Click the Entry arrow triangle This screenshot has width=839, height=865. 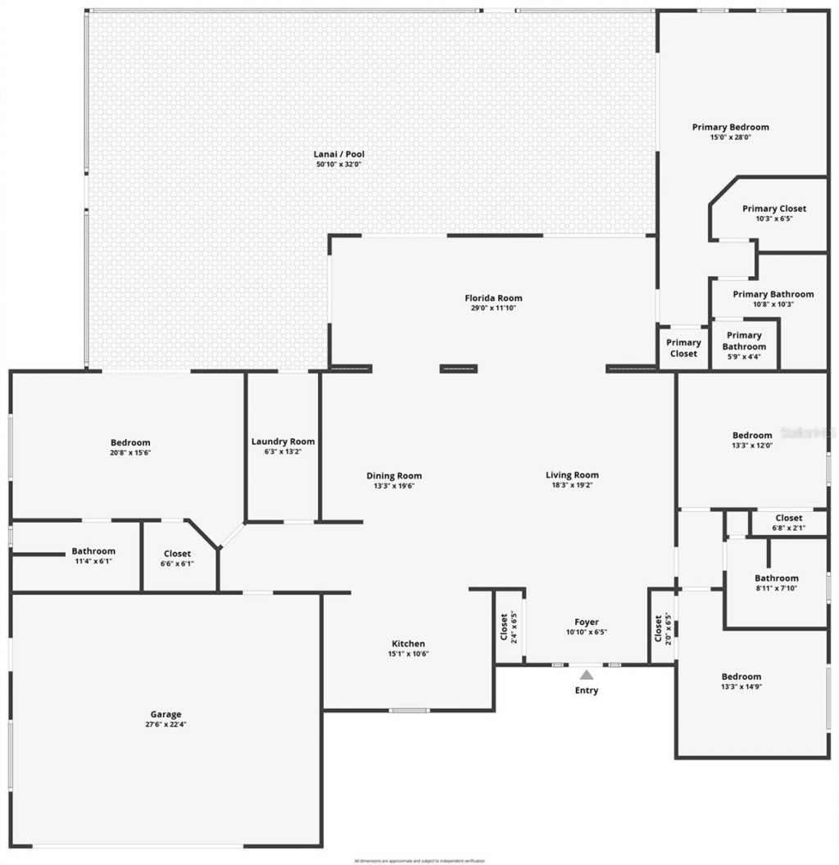[586, 675]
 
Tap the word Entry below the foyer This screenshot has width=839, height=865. [586, 691]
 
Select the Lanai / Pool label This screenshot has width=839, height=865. [338, 154]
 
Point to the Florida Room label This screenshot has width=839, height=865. [493, 298]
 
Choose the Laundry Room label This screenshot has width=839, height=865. [283, 442]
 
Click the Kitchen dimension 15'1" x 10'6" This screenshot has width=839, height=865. [408, 654]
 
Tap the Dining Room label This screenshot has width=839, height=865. [394, 476]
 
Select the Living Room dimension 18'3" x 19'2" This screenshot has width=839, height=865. [573, 485]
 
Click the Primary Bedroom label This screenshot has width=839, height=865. [730, 127]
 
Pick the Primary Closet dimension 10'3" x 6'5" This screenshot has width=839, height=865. [774, 219]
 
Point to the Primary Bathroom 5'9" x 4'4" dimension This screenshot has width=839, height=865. [744, 356]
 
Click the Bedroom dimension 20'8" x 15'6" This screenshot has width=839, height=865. [131, 452]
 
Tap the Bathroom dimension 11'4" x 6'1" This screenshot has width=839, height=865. [93, 561]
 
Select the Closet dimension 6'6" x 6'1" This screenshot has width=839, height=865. [177, 564]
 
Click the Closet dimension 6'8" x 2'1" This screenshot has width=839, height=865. [789, 528]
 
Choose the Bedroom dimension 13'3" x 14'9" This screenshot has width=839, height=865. [741, 686]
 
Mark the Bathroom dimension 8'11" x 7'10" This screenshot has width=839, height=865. [777, 588]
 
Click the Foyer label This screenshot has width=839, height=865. [586, 623]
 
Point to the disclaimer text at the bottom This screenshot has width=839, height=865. [419, 861]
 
